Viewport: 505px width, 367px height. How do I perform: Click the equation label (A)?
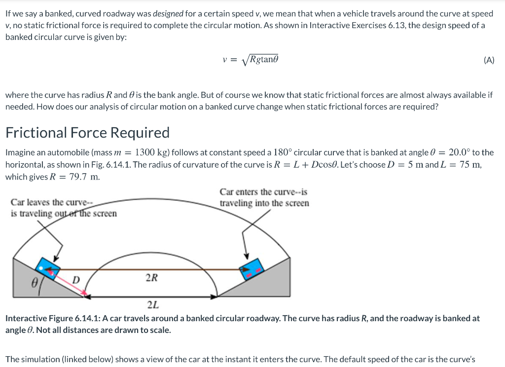(x=489, y=61)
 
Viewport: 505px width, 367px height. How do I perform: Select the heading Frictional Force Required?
(x=87, y=133)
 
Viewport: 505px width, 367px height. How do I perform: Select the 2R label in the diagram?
(x=151, y=277)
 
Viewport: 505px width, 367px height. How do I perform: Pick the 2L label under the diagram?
(x=152, y=304)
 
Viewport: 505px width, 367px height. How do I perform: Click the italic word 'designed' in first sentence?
(x=168, y=14)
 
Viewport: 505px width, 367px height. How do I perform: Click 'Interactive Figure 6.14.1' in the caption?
(x=53, y=319)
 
